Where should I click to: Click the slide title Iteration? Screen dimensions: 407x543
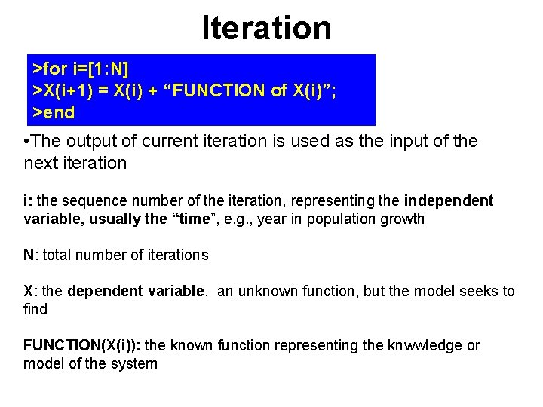[266, 28]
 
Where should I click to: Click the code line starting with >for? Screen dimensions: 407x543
[81, 69]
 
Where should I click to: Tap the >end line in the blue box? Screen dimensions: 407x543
[54, 113]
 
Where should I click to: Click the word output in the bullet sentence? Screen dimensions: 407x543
[93, 142]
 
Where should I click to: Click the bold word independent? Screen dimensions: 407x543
[448, 201]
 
